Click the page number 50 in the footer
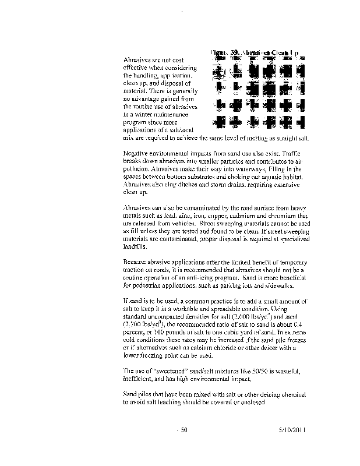[183, 430]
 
